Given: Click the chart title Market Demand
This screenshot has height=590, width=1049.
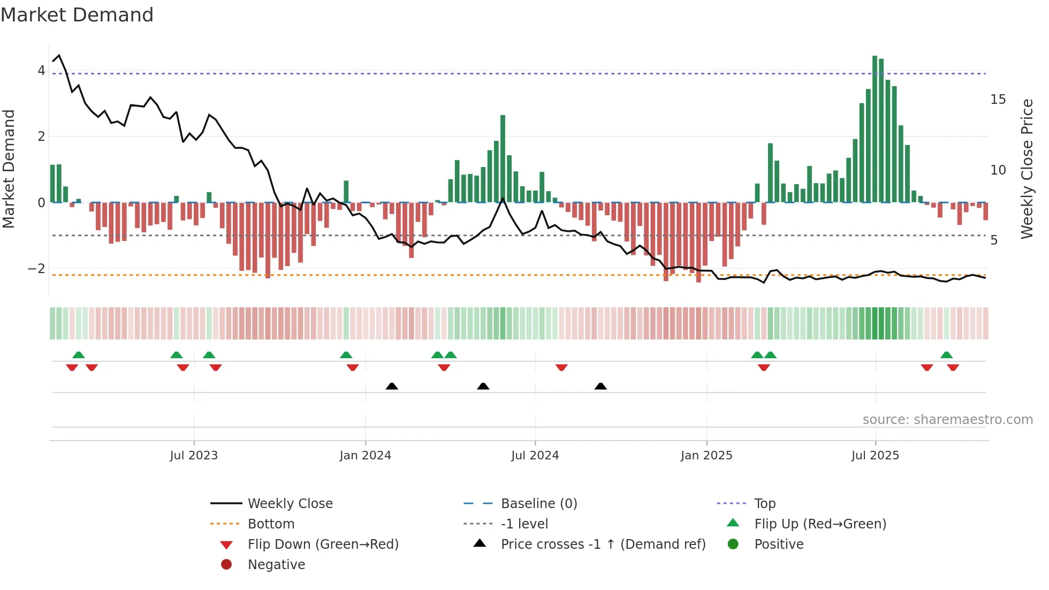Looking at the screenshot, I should point(77,14).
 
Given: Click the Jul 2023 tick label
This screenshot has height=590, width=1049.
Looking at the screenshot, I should point(194,456).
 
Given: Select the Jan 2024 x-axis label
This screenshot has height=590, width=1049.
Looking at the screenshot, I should point(366,456).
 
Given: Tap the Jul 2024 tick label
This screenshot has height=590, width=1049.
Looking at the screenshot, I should point(535,456).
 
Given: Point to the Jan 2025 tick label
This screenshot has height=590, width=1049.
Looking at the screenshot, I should point(706,456).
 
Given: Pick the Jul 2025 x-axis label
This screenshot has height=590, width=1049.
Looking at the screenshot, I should point(876,456).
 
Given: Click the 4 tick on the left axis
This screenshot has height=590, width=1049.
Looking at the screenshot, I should point(41,71).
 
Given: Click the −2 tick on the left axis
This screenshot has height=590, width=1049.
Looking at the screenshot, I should point(36,269).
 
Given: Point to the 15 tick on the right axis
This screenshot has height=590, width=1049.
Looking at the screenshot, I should point(998,100).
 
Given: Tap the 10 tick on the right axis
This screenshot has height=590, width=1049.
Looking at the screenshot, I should point(998,170).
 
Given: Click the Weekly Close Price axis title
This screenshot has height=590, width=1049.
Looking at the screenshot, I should point(1027,169).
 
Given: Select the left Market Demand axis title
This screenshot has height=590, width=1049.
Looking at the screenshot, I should point(9,169).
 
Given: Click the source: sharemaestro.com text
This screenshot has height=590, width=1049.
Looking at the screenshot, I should point(947,420).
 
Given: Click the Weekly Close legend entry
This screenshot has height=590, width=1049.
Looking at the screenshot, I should point(290,504).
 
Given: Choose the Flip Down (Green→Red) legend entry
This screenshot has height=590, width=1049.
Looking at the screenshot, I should point(323,544).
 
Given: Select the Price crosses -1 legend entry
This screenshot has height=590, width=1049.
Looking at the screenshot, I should point(603,544).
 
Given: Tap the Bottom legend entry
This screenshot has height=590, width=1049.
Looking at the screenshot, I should point(271,524).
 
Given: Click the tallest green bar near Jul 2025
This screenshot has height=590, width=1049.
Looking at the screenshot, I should point(875,128).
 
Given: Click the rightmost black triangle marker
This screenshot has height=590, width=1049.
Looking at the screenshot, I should point(600,386).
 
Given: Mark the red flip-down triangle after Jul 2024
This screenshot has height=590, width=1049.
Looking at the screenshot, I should point(561,367).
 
